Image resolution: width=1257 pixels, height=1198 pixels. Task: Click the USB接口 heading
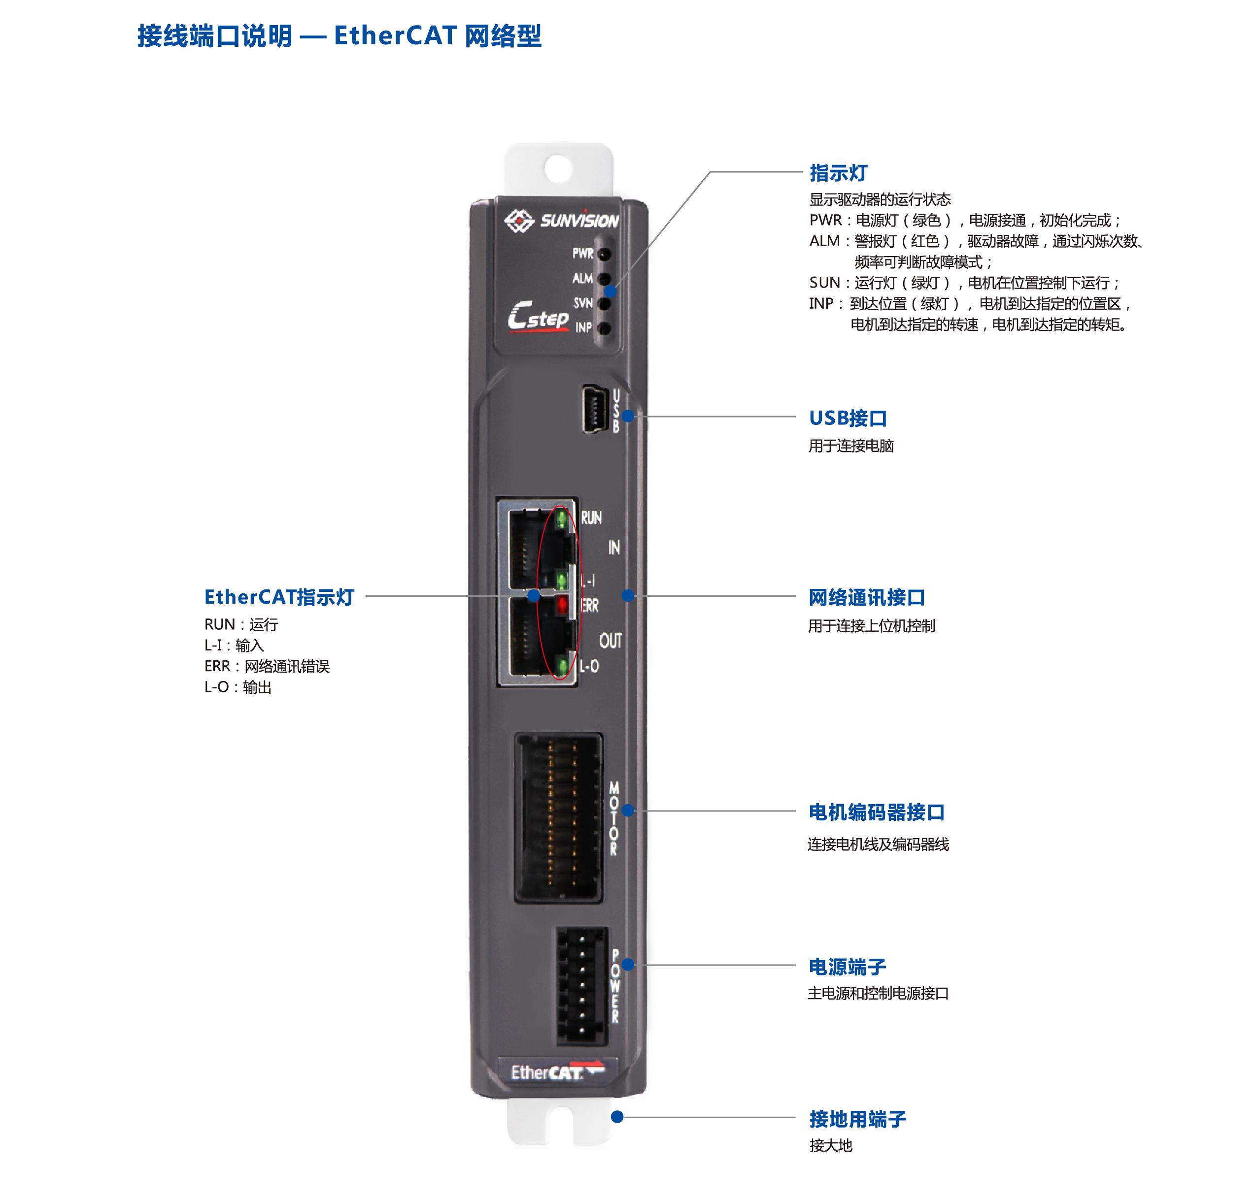click(848, 418)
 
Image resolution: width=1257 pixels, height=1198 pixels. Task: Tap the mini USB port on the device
click(594, 409)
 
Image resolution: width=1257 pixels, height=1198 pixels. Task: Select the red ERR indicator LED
click(562, 604)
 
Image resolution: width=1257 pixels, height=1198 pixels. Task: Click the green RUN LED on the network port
click(562, 518)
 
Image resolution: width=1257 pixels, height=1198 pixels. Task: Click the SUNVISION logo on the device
click(561, 220)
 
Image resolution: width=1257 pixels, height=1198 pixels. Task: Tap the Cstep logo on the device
click(538, 316)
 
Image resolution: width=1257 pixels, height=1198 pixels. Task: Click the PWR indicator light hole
click(605, 254)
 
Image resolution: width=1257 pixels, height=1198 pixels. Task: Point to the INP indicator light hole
click(605, 328)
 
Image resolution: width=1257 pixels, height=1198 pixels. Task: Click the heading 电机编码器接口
click(876, 812)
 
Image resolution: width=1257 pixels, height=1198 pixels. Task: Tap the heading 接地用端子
click(857, 1119)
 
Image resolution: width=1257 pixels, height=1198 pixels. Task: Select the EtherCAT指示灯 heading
click(279, 597)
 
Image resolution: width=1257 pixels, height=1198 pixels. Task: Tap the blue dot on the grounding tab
click(617, 1117)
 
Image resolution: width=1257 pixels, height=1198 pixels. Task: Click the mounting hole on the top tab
click(558, 168)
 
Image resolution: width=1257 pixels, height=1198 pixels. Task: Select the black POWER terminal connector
click(581, 985)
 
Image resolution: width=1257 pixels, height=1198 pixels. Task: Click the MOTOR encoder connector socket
click(558, 817)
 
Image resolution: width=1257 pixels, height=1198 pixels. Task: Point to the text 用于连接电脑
click(851, 446)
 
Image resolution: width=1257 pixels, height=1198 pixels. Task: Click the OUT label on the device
click(611, 641)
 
